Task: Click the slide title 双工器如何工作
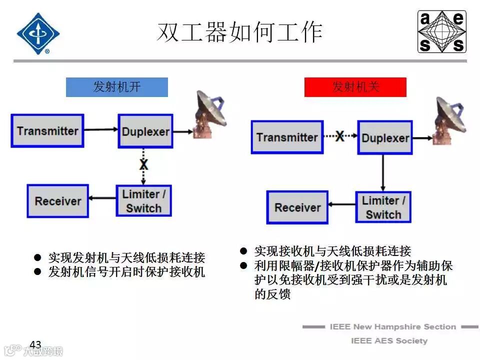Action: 239,32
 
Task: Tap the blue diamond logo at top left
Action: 38,33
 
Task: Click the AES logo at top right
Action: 441,32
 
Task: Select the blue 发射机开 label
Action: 117,87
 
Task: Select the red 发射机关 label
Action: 355,87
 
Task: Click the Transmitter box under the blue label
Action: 47,131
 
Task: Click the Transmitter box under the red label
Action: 287,137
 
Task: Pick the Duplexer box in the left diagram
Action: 145,131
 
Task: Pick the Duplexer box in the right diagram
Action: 385,137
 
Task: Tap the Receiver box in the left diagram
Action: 57,201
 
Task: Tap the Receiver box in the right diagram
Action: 297,207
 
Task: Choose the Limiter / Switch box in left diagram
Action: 143,201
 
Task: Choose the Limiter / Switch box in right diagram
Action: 383,207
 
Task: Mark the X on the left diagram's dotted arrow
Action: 144,164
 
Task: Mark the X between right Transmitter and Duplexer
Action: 339,136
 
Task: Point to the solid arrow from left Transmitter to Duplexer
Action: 100,130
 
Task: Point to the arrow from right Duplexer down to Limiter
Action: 383,172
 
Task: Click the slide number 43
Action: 35,344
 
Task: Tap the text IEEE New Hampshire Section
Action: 392,327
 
